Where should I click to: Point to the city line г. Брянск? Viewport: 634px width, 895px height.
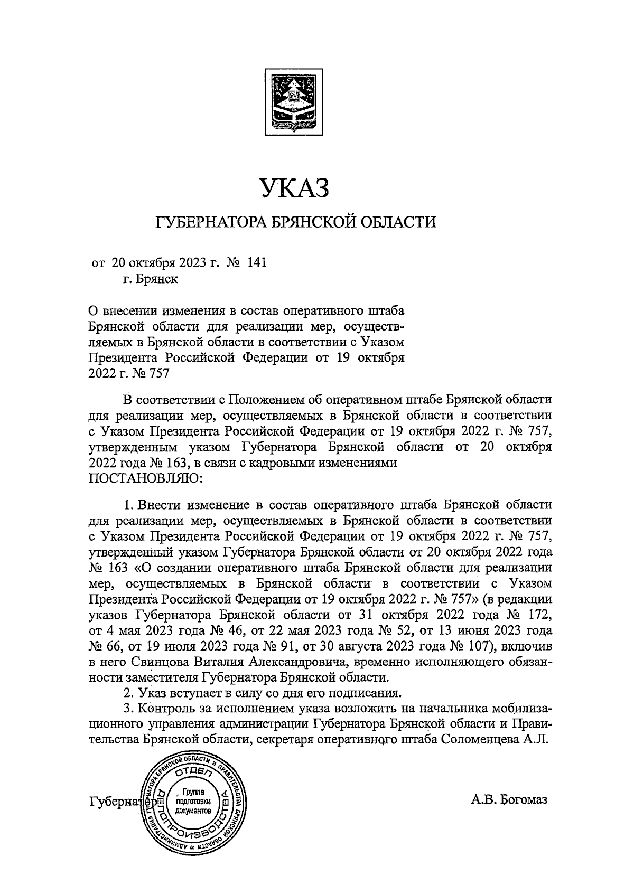click(150, 279)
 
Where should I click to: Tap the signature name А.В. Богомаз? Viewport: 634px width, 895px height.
click(509, 799)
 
